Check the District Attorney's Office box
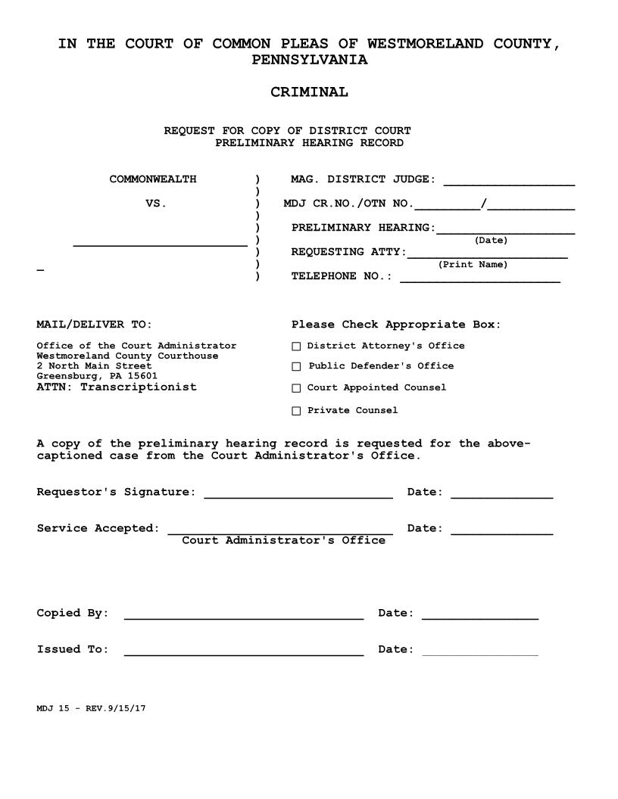pos(296,347)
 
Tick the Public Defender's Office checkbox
pos(296,367)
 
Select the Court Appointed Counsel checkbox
pos(296,388)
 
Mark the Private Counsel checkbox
pos(296,411)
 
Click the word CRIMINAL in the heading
pos(309,92)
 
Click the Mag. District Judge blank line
pos(509,182)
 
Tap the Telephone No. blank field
pos(480,279)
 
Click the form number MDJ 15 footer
pos(91,709)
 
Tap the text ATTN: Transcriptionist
pos(117,387)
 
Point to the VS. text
pos(155,204)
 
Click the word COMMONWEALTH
pos(152,179)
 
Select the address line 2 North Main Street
pos(94,365)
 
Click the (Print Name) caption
pos(473,265)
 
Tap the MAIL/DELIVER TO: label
pos(94,325)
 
